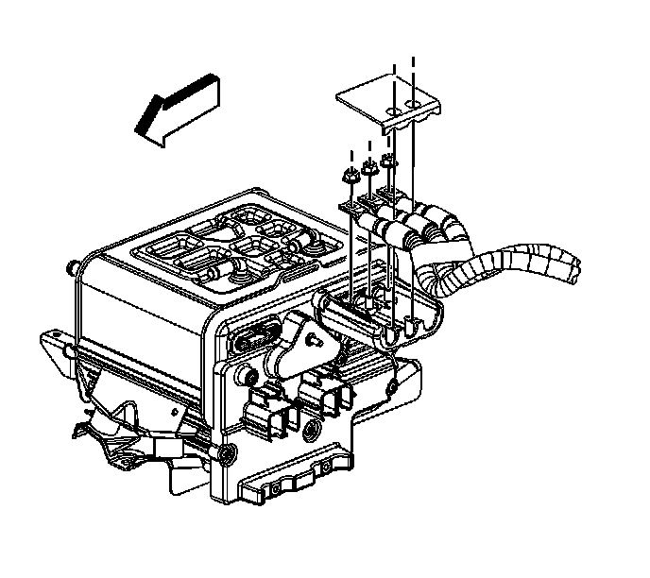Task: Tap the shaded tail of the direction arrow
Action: coord(210,92)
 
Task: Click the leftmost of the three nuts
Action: coord(347,176)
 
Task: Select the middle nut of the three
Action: coord(368,169)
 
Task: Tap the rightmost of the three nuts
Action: coord(388,163)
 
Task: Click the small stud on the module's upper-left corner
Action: coord(74,267)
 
